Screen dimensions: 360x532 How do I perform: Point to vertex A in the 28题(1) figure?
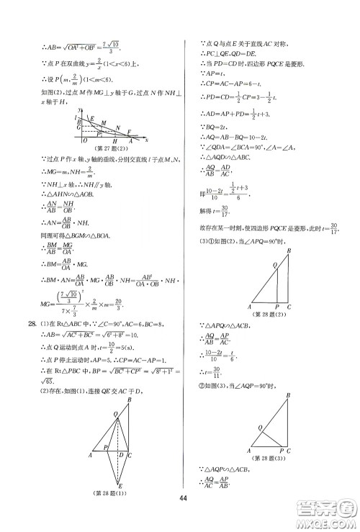pyautogui.click(x=91, y=455)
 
